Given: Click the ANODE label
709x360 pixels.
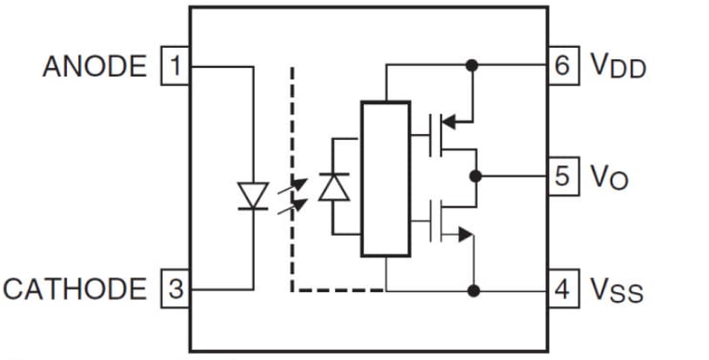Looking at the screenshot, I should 95,66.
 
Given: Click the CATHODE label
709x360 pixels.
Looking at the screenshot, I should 76,289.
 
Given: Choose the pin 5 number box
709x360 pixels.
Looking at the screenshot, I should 563,177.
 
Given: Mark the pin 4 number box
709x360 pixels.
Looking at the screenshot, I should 563,289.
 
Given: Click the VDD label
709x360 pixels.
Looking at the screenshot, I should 618,67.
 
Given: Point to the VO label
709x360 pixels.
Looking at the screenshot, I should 609,177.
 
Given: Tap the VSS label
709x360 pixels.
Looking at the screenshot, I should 616,290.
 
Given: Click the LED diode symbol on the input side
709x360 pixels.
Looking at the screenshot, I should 253,196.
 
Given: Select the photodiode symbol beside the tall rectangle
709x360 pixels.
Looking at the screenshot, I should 333,187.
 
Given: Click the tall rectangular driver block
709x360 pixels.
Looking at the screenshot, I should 385,178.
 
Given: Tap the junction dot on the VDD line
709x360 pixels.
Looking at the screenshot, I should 472,65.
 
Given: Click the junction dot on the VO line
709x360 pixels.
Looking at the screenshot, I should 474,177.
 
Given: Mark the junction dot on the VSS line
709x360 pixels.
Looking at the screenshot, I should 472,290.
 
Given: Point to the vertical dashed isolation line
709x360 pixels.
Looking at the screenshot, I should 292,174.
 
